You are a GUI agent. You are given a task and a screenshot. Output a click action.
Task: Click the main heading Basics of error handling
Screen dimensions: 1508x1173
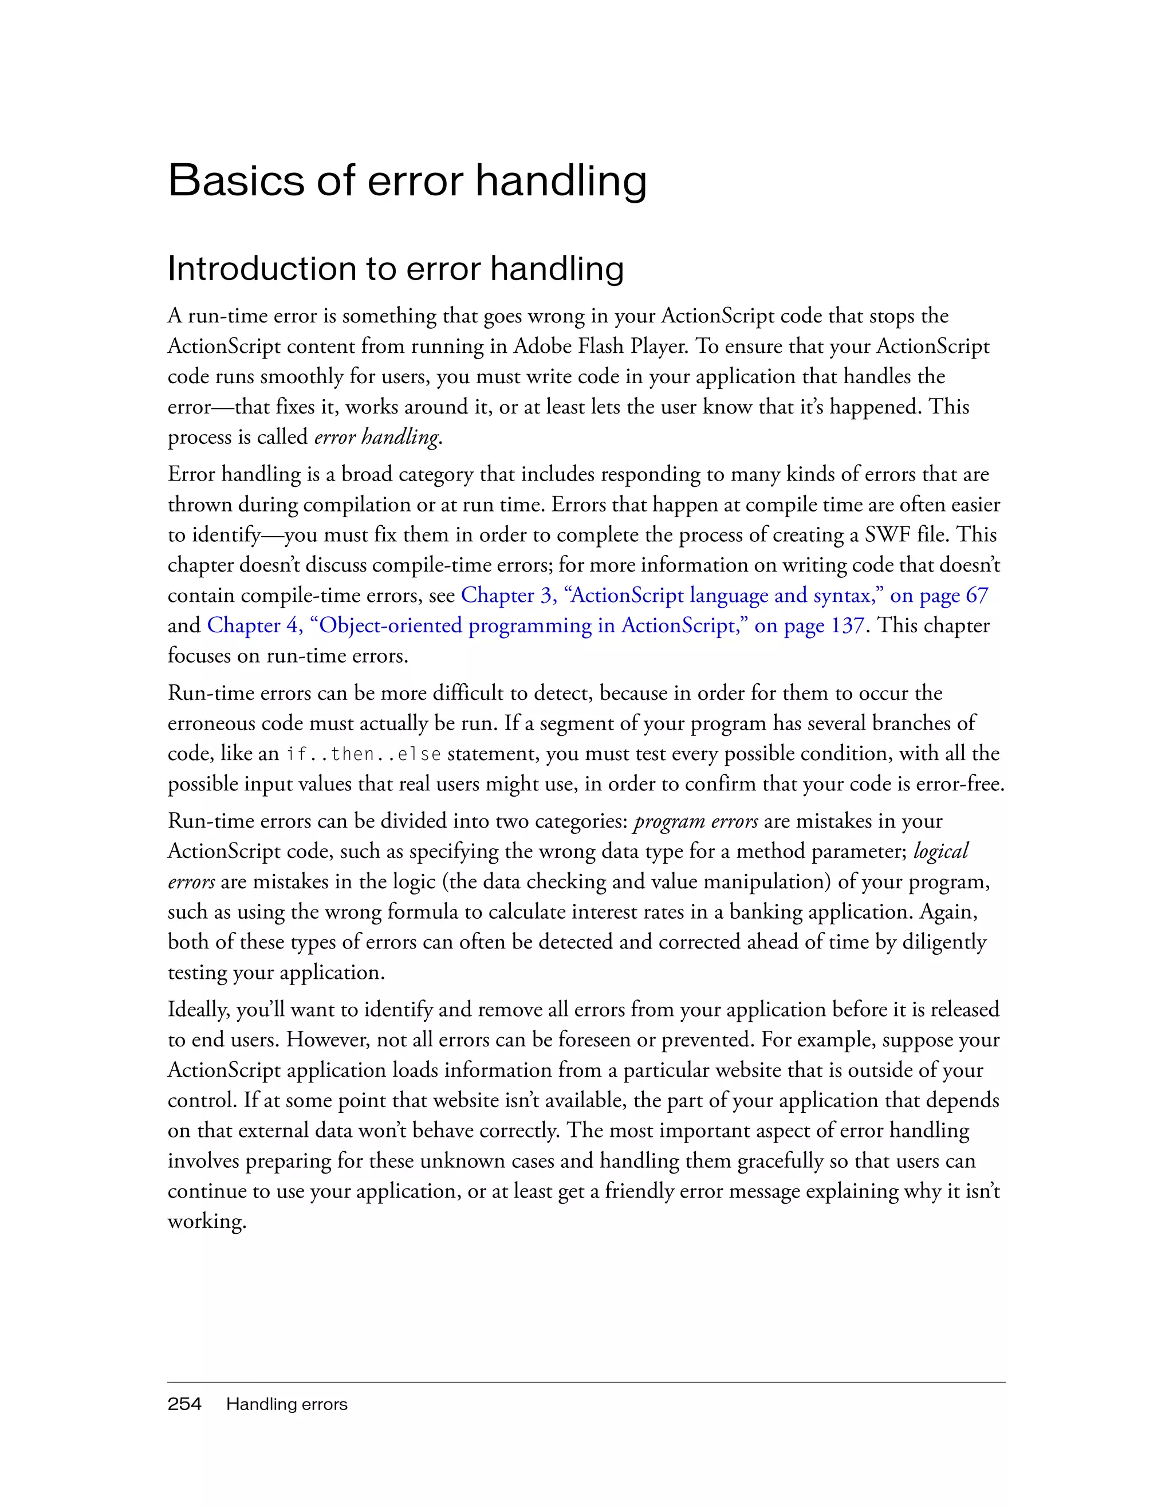coord(407,181)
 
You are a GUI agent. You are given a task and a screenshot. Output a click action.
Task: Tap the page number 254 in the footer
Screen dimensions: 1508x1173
coord(184,1404)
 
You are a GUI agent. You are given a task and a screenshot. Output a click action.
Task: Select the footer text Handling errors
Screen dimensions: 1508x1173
coord(286,1404)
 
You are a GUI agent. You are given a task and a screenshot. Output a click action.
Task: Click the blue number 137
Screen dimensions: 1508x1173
coord(847,625)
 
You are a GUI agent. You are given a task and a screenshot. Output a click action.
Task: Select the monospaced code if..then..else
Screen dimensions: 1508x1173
coord(363,753)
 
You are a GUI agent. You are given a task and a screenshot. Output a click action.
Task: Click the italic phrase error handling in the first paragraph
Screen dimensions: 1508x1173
coord(377,438)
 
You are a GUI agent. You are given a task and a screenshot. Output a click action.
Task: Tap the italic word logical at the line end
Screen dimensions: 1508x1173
coord(940,851)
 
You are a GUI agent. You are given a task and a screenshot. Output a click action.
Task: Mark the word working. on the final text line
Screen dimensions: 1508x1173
coord(206,1222)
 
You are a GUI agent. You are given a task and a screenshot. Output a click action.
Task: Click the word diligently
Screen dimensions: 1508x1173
coord(944,943)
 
